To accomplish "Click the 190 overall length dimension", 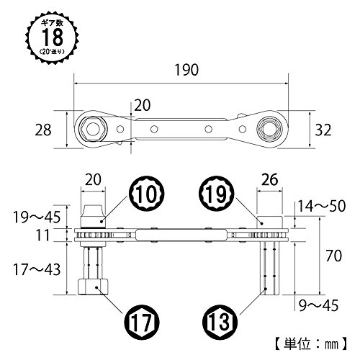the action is coord(186,70).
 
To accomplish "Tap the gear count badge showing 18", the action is coord(52,37).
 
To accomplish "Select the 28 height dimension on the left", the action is coord(43,130).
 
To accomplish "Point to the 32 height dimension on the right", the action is coord(323,130).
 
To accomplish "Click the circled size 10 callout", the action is coord(147,194).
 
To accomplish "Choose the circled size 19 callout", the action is coord(216,194).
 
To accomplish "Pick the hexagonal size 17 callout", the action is coord(142,322).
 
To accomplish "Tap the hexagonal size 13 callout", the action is coord(220,322).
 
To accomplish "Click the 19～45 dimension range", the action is coord(37,217).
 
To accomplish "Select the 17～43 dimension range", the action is coord(37,269).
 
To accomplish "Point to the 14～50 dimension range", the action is coord(322,206).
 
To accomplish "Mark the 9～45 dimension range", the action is coord(319,305).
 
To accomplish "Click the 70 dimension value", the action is coord(333,256).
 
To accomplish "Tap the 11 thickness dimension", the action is coord(42,235).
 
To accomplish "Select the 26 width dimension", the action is coord(270,179).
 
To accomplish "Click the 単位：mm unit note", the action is coord(311,344).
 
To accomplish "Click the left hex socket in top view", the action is coord(93,130).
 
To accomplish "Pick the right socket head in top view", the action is coord(268,130).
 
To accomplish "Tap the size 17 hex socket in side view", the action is coord(93,287).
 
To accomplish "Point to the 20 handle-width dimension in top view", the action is coord(143,105).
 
